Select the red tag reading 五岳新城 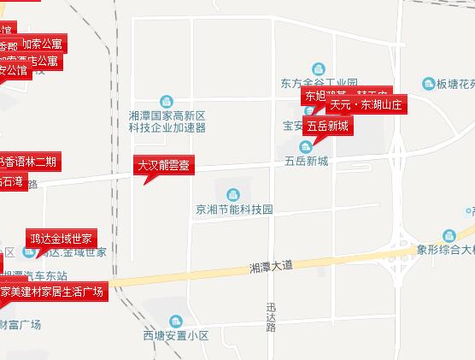coord(328,126)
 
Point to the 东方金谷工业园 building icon coord(319,68)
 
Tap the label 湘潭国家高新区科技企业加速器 coord(167,121)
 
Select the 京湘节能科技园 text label coord(233,209)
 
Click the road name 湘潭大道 coord(271,266)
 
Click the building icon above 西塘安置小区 coord(176,321)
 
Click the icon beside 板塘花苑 coord(430,84)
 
